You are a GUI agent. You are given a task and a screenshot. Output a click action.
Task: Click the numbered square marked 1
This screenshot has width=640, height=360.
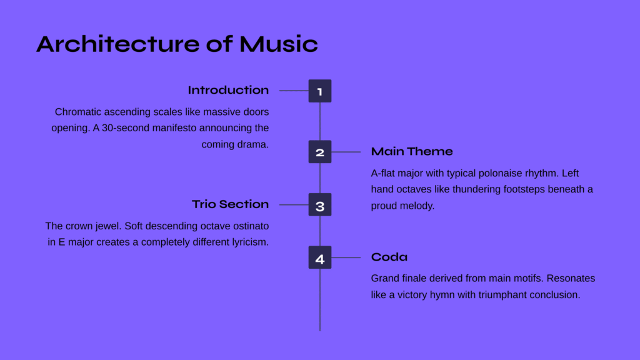[320, 91]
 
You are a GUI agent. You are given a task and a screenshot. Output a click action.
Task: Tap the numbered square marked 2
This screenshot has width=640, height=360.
[320, 152]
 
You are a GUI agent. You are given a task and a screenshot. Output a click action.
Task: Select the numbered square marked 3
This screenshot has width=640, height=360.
[320, 204]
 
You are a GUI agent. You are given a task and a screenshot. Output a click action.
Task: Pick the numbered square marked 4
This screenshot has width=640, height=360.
[320, 257]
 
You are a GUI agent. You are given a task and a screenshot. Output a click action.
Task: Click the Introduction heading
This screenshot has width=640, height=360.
[228, 90]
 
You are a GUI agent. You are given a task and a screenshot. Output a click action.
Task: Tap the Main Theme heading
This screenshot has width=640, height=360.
[412, 151]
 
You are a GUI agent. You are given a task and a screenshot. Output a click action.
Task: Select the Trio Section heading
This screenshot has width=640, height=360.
[230, 204]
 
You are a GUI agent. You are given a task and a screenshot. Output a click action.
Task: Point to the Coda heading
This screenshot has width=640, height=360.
[389, 257]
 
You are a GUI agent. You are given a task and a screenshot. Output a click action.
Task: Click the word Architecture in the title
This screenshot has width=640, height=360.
[118, 44]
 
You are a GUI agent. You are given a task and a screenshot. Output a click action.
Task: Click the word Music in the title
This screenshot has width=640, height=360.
[278, 44]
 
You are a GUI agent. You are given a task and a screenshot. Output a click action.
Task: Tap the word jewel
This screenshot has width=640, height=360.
[109, 226]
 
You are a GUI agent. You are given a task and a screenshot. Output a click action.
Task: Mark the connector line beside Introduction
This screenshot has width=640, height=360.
[294, 91]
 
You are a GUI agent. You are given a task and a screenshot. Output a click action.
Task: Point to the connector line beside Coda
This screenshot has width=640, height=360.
[346, 257]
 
